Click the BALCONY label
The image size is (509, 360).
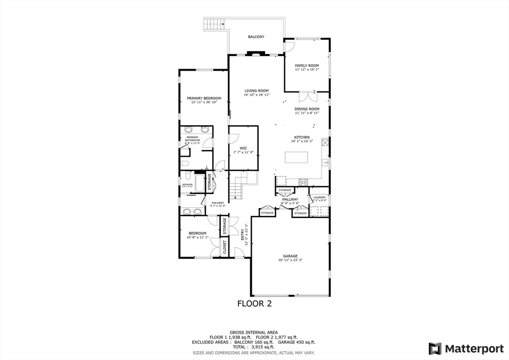pos(256,37)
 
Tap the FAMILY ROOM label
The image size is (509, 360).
pos(307,66)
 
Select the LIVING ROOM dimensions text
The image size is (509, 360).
pos(256,94)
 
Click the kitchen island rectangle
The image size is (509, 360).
pos(297,158)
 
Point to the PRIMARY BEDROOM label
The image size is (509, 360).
pos(204,98)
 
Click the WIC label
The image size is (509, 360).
pos(244,148)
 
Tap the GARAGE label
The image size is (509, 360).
pos(290,256)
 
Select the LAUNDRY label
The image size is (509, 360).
pos(319,197)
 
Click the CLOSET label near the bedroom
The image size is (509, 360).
pos(225,247)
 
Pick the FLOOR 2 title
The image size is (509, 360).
pos(254,303)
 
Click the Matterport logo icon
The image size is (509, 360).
pos(435,348)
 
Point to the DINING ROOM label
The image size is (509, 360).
pos(307,109)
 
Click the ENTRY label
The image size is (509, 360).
pos(243,234)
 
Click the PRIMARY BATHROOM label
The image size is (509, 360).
pos(192,139)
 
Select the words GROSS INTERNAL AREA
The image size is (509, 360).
pos(254,332)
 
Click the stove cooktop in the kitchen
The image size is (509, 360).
pos(303,181)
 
